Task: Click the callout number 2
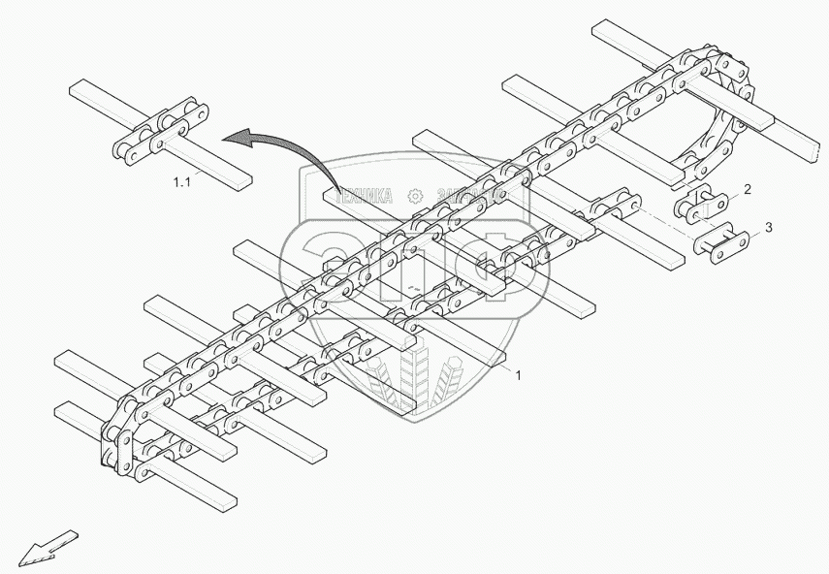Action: tap(747, 189)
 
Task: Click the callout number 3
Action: tap(769, 228)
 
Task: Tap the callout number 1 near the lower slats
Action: tap(518, 374)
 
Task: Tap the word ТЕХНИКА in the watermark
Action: tap(367, 195)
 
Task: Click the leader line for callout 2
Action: tap(733, 194)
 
